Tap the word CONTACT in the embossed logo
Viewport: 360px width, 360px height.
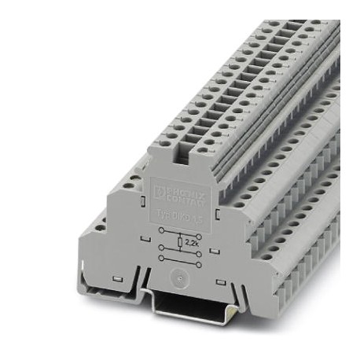[x=187, y=200]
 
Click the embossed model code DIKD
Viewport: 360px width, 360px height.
[x=179, y=217]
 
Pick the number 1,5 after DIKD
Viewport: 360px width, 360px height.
[x=197, y=220]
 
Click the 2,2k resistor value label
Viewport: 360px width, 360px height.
[x=191, y=243]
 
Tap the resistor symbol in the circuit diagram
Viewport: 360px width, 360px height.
[x=180, y=242]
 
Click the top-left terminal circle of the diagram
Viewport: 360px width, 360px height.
[x=161, y=230]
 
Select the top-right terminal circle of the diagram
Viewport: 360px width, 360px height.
[x=198, y=237]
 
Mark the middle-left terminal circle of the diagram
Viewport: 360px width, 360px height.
[x=161, y=247]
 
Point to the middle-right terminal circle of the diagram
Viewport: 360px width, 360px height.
[x=198, y=254]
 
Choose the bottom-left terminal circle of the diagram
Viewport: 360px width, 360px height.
[x=161, y=259]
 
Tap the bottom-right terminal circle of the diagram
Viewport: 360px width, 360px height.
[x=198, y=265]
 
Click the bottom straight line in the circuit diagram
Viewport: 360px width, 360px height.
[x=180, y=262]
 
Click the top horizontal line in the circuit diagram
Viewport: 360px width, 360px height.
[x=180, y=233]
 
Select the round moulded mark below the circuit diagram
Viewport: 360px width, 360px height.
[x=179, y=278]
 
